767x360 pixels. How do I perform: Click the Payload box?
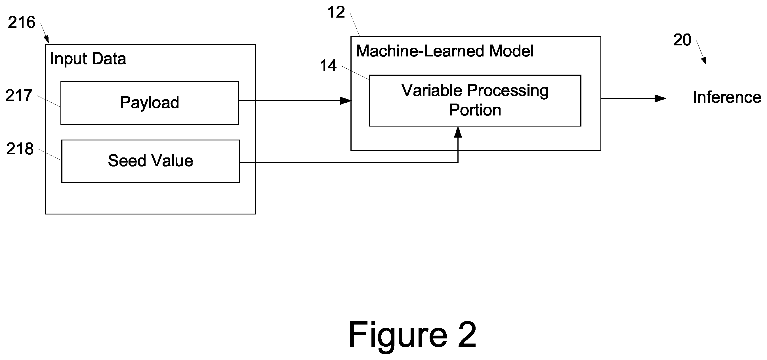150,103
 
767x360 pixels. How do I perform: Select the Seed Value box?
150,161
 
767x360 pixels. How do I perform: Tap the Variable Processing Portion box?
475,101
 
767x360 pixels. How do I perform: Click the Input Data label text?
88,59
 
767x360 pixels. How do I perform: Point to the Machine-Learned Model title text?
445,51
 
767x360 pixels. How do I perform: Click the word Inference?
727,97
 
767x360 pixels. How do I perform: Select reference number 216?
22,22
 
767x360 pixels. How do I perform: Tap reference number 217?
19,96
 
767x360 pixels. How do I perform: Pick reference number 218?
20,149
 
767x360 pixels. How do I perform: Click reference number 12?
336,12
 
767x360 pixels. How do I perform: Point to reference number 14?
328,66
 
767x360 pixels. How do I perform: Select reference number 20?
682,40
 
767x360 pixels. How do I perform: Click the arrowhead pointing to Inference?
660,98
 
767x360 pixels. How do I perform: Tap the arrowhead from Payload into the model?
346,101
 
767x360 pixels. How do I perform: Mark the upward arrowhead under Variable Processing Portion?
458,132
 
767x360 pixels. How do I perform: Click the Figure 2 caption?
412,334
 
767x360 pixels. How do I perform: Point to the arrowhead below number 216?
47,39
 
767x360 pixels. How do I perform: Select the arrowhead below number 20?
704,61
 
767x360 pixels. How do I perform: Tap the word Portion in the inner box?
475,110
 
